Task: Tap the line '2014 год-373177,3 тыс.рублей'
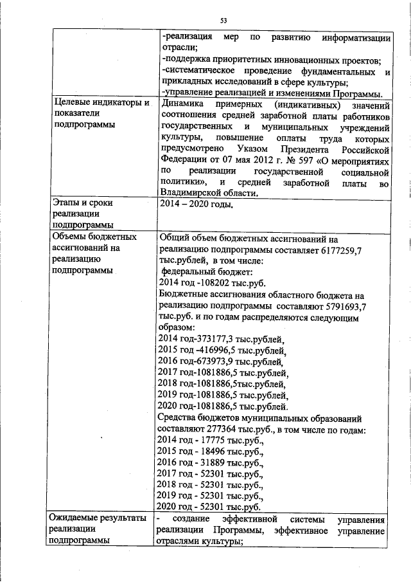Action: click(x=220, y=338)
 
